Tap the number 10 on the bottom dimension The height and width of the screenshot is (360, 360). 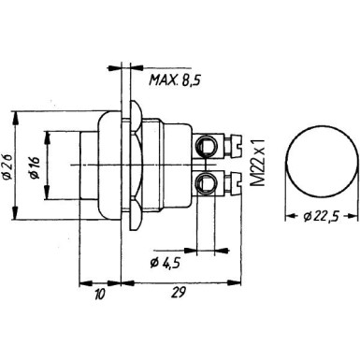click(x=99, y=292)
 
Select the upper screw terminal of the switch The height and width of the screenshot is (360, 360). click(x=208, y=145)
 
